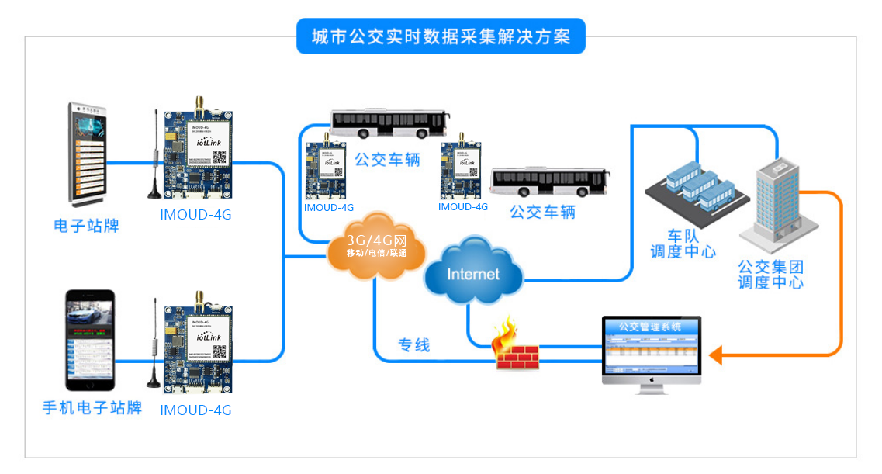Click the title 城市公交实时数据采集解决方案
[x=441, y=36]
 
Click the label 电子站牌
[x=86, y=227]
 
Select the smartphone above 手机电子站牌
[x=89, y=341]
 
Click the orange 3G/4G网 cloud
[x=377, y=246]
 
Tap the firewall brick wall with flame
[x=516, y=348]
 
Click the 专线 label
[x=414, y=345]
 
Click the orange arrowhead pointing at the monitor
[x=715, y=355]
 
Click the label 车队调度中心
[x=683, y=243]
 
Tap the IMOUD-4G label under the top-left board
[x=195, y=215]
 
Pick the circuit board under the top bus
[x=328, y=170]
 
